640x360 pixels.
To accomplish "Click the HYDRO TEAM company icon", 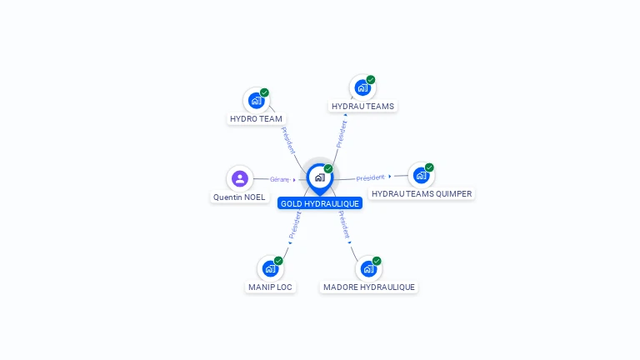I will (257, 100).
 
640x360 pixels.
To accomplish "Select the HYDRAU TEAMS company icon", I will (362, 87).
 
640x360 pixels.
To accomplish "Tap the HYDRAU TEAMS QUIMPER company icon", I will (421, 175).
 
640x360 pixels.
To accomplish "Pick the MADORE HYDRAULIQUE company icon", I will (368, 268).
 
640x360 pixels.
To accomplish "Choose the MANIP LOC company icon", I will (270, 268).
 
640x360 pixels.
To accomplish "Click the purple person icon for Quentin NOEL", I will (240, 178).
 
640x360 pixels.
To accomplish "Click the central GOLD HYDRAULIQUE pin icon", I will (319, 177).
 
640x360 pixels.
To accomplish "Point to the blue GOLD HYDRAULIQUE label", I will (320, 203).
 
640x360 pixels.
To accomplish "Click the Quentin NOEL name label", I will (239, 197).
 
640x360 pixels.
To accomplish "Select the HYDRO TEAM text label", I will (257, 119).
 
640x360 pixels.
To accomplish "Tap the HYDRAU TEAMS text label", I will (362, 107).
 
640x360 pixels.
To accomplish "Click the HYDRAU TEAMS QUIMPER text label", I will (422, 194).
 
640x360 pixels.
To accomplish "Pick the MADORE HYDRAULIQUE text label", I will (368, 287).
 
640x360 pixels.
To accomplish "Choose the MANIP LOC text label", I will (270, 287).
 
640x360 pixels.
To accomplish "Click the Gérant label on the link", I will (279, 179).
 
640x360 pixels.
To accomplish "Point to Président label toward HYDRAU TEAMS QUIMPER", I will (371, 177).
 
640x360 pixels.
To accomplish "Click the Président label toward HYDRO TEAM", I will (287, 140).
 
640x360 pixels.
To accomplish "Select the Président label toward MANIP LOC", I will (294, 225).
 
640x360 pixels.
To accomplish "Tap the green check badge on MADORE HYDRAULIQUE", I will (377, 261).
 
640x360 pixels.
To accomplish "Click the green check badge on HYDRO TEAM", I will (264, 92).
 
